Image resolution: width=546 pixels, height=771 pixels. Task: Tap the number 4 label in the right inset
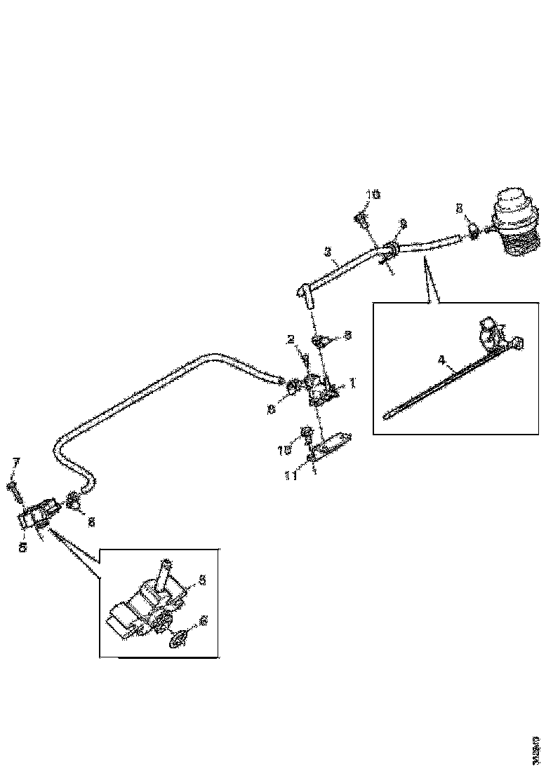pyautogui.click(x=441, y=360)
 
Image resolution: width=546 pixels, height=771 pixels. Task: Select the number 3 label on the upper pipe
pyautogui.click(x=328, y=250)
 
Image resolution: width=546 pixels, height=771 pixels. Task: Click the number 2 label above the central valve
pyautogui.click(x=289, y=339)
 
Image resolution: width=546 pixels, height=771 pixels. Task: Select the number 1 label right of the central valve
pyautogui.click(x=353, y=383)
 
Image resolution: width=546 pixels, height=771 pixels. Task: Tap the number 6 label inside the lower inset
pyautogui.click(x=204, y=620)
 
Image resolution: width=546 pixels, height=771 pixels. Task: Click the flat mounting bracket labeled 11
pyautogui.click(x=330, y=444)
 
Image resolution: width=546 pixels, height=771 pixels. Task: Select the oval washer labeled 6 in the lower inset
pyautogui.click(x=180, y=639)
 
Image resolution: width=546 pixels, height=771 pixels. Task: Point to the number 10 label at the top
pyautogui.click(x=373, y=195)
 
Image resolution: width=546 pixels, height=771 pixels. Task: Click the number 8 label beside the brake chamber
pyautogui.click(x=459, y=207)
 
